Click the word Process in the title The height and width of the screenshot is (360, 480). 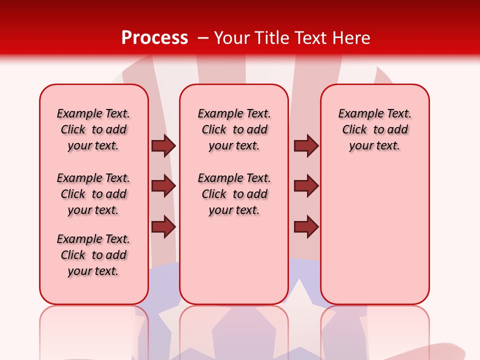pos(154,38)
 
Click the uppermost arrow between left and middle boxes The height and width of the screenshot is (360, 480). pos(163,146)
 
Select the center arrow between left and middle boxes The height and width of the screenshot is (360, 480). pos(163,186)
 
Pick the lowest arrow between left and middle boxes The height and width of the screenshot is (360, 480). pos(163,226)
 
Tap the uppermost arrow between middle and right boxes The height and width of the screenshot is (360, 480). pos(306,146)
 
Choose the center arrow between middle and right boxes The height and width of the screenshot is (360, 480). pos(306,186)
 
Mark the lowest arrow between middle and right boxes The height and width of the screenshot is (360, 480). pos(306,226)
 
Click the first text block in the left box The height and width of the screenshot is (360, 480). pos(93,129)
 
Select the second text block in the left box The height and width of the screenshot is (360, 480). pos(93,194)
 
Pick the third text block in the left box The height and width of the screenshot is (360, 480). pos(93,255)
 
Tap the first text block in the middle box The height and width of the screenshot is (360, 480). pos(234,129)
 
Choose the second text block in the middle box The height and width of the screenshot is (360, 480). pos(234,194)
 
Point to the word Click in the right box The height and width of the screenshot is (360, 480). pos(354,130)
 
